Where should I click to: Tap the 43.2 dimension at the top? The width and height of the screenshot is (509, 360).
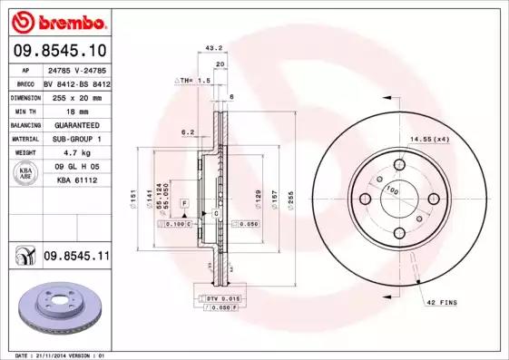pos(214,47)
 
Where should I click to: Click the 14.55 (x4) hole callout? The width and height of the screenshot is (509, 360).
pos(429,139)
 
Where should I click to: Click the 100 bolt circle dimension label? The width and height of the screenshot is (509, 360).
pos(393,190)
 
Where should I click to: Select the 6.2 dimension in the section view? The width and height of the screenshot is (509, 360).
pos(188,132)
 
